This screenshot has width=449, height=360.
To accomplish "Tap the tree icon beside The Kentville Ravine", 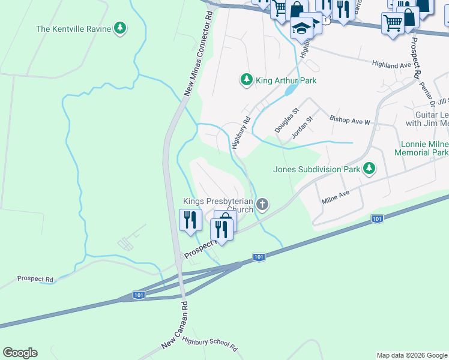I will [x=121, y=28].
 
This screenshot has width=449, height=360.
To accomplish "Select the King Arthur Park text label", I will [x=286, y=80].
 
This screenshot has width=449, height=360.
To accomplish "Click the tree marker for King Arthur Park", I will [x=246, y=80].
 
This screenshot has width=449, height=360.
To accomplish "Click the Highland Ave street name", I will [x=391, y=64].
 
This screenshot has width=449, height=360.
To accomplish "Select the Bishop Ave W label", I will [x=351, y=121].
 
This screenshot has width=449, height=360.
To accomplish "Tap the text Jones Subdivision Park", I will [x=316, y=169].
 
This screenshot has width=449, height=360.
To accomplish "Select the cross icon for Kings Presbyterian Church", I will [x=262, y=205].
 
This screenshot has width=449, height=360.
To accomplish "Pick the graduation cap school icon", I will [x=301, y=28].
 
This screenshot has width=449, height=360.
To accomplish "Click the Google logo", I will [x=20, y=353].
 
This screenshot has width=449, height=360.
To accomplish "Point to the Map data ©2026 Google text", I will [x=412, y=355].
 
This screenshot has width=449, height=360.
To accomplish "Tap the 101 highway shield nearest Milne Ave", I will [x=377, y=219].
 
